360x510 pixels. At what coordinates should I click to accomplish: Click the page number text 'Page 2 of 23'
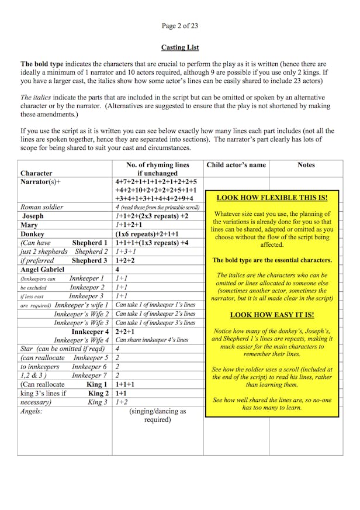click(x=179, y=25)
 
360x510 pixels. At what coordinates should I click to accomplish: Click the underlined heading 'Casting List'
click(x=179, y=47)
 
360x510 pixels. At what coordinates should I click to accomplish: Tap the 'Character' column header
click(x=36, y=173)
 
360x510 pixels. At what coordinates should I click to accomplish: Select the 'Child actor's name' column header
click(x=236, y=165)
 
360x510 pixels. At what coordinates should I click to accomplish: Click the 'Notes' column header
click(x=306, y=165)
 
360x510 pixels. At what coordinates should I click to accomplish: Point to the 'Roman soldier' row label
click(x=41, y=207)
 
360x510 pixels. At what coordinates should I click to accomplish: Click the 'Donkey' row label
click(x=33, y=234)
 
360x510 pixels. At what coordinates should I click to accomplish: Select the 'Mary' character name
click(x=30, y=225)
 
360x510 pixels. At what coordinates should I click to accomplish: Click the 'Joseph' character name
click(x=33, y=216)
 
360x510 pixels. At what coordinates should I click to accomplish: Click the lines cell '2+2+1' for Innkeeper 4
click(x=125, y=332)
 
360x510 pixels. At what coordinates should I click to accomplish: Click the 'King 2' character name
click(x=98, y=394)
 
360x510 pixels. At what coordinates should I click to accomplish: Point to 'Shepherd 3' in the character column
click(x=89, y=260)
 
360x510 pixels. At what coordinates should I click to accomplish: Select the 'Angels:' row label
click(x=32, y=411)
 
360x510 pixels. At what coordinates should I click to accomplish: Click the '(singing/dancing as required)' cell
click(x=157, y=415)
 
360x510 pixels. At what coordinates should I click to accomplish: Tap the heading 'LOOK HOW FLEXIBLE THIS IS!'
click(x=272, y=198)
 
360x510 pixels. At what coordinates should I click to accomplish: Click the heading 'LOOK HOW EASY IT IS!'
click(x=272, y=315)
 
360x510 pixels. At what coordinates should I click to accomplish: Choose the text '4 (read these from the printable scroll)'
click(x=157, y=207)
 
